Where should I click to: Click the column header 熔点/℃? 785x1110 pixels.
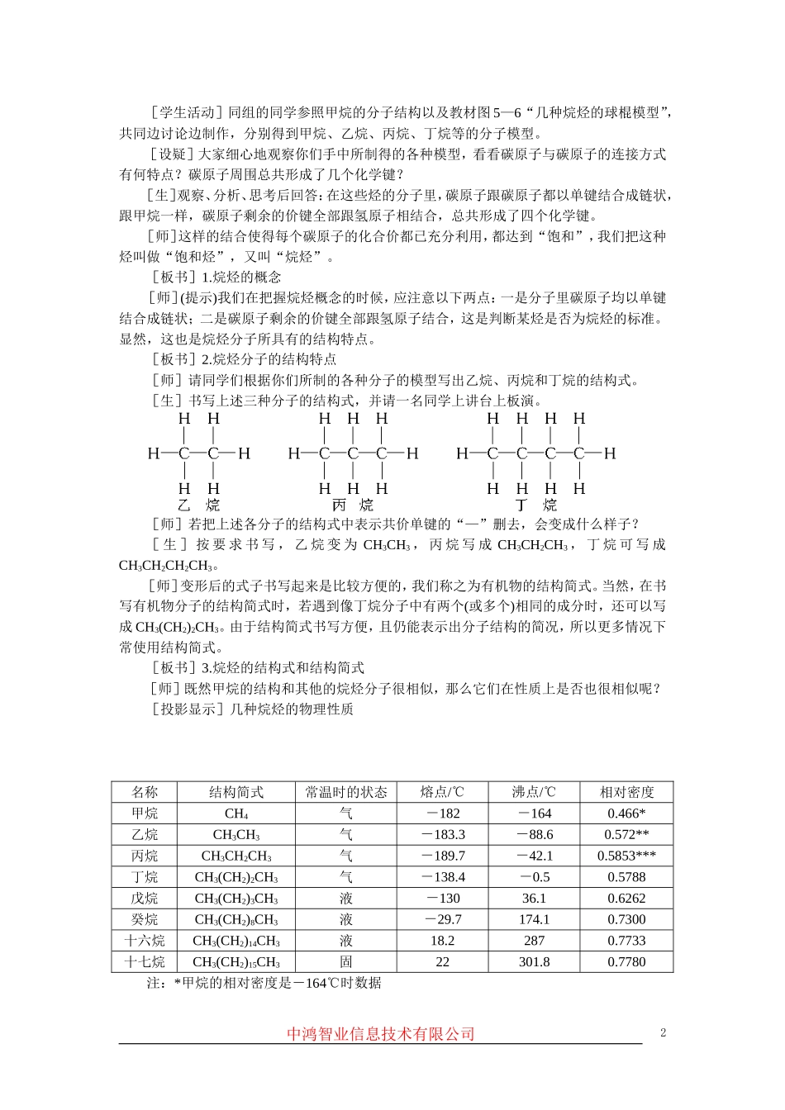coord(442,792)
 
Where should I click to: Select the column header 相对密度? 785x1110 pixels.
coord(626,792)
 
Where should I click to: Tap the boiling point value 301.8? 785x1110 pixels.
coord(535,962)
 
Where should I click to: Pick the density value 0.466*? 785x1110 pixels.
coord(626,814)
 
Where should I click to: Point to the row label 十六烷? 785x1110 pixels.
coord(145,941)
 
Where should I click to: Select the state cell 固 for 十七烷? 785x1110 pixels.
coord(346,962)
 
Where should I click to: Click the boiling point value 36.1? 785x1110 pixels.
coord(535,899)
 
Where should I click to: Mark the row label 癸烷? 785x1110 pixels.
coord(145,919)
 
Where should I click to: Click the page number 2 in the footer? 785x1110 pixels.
coord(663,1032)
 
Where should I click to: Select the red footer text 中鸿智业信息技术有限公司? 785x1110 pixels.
coord(381,1034)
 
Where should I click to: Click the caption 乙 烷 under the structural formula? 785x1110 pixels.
coord(198,505)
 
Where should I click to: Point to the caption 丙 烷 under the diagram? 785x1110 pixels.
coord(352,505)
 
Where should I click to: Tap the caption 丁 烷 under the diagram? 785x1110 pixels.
coord(535,505)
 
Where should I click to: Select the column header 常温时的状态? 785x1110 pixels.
coord(346,792)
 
